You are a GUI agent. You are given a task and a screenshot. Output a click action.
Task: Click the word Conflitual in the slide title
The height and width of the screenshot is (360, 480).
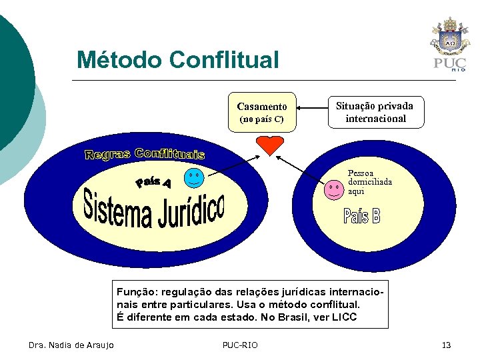pyautogui.click(x=224, y=60)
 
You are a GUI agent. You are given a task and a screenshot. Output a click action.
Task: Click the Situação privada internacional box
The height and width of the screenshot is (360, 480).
pyautogui.click(x=375, y=112)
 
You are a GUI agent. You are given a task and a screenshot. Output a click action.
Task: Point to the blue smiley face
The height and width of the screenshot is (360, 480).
pyautogui.click(x=194, y=179)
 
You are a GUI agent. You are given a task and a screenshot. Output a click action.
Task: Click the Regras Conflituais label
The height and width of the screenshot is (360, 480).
pyautogui.click(x=145, y=155)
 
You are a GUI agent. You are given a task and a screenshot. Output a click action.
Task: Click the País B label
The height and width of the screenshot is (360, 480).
pyautogui.click(x=362, y=216)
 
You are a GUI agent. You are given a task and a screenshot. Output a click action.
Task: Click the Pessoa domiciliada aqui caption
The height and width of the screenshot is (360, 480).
pyautogui.click(x=369, y=182)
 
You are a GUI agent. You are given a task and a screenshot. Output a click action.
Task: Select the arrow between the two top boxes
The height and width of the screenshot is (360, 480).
pyautogui.click(x=312, y=107)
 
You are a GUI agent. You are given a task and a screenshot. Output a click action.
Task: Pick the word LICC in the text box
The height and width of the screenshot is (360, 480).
pyautogui.click(x=343, y=317)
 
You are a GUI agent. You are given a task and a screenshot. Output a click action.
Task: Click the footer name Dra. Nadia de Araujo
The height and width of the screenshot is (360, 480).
pyautogui.click(x=71, y=345)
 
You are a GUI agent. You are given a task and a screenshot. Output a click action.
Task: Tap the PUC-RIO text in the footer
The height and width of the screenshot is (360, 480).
pyautogui.click(x=239, y=345)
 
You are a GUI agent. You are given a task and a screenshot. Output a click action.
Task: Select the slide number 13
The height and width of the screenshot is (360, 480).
pyautogui.click(x=446, y=345)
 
